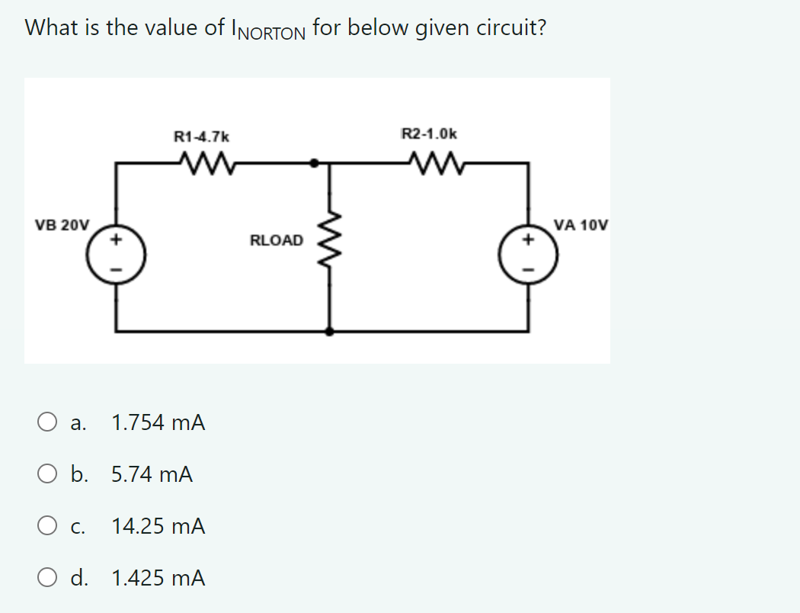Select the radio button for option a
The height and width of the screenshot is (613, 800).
pyautogui.click(x=47, y=422)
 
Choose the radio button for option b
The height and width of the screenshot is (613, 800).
pyautogui.click(x=47, y=474)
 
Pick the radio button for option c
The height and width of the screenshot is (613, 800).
pyautogui.click(x=47, y=526)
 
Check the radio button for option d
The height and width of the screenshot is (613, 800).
pyautogui.click(x=47, y=578)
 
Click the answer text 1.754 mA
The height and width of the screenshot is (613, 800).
pyautogui.click(x=158, y=422)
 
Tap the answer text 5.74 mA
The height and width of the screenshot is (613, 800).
pyautogui.click(x=152, y=475)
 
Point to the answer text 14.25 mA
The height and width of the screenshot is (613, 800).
pyautogui.click(x=158, y=526)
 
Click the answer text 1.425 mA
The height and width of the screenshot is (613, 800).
pyautogui.click(x=158, y=578)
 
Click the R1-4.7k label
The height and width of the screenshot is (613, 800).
pyautogui.click(x=202, y=136)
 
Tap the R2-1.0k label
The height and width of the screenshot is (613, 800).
pyautogui.click(x=429, y=134)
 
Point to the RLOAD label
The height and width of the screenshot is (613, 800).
pyautogui.click(x=276, y=240)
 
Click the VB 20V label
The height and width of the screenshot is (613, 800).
pyautogui.click(x=62, y=225)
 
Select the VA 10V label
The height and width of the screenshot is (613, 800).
pyautogui.click(x=581, y=225)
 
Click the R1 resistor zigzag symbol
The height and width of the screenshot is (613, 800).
pyautogui.click(x=207, y=163)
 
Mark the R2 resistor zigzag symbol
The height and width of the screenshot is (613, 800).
pyautogui.click(x=437, y=163)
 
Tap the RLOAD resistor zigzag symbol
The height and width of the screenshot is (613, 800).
pyautogui.click(x=330, y=239)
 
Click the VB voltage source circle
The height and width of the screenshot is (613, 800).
pyautogui.click(x=117, y=254)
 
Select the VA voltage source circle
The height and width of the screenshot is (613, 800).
pyautogui.click(x=528, y=254)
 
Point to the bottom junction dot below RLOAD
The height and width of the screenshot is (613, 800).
pyautogui.click(x=330, y=332)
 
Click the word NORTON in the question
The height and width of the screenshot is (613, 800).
pyautogui.click(x=273, y=34)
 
